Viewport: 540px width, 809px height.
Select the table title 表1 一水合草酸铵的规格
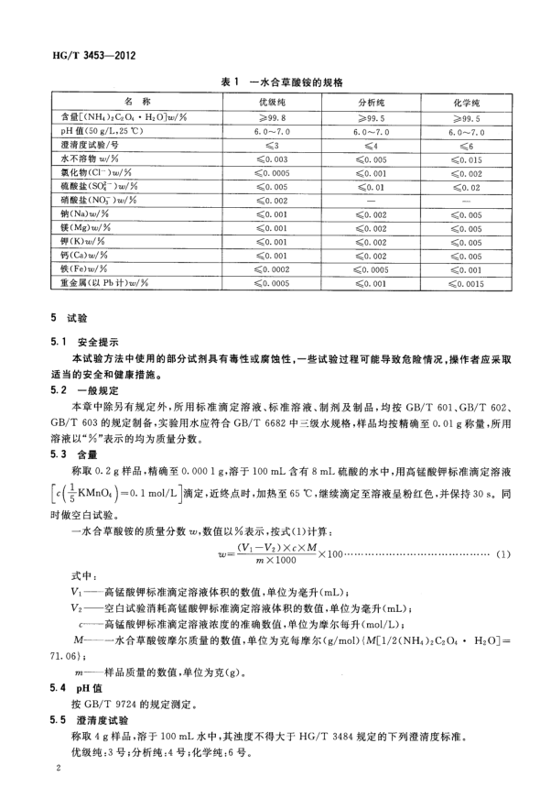[281, 82]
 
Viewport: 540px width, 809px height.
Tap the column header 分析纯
[375, 102]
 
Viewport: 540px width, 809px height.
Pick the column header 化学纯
[467, 102]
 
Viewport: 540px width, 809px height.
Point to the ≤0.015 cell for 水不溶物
[467, 160]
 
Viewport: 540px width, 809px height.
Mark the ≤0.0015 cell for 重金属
[467, 283]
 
